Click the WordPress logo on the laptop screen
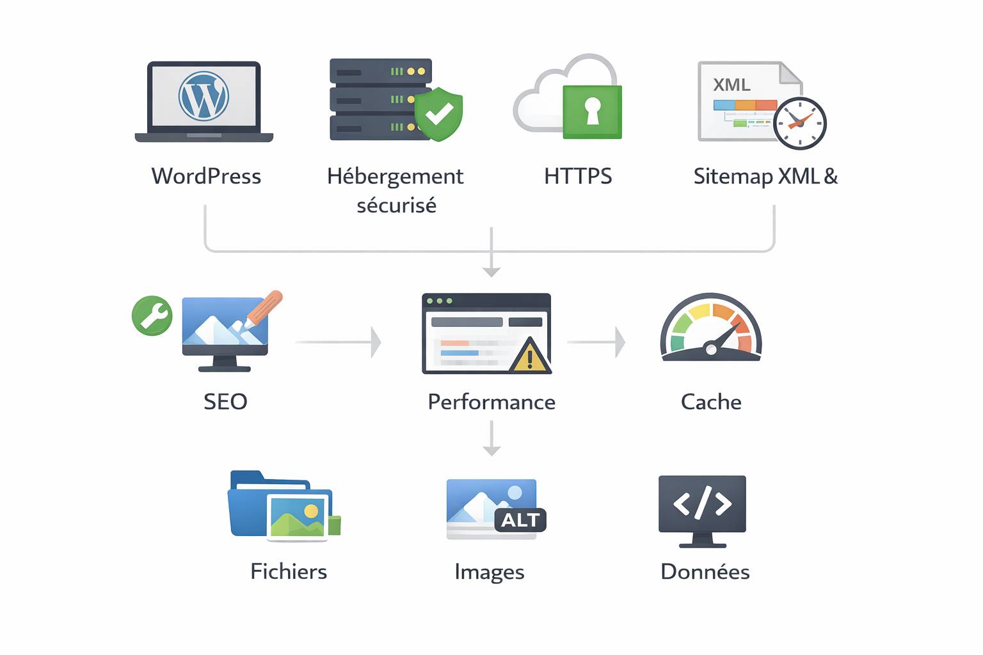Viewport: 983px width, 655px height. [204, 96]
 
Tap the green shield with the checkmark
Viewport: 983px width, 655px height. [438, 114]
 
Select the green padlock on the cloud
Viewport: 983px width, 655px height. [592, 111]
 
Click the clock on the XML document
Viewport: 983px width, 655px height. [799, 123]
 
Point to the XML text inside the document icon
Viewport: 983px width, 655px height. [731, 85]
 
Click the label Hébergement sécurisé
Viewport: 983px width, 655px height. [396, 190]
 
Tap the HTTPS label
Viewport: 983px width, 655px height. [578, 176]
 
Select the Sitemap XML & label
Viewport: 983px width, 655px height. [765, 176]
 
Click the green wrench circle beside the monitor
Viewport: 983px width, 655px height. [152, 315]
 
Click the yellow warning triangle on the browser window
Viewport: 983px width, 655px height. [530, 357]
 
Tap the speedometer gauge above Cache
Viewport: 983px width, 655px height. [710, 328]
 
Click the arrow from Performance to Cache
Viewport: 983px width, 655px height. [596, 342]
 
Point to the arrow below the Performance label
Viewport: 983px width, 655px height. [491, 438]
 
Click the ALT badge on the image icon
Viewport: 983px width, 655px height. [520, 520]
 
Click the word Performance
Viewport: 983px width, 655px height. [491, 402]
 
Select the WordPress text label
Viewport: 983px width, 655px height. [206, 176]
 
